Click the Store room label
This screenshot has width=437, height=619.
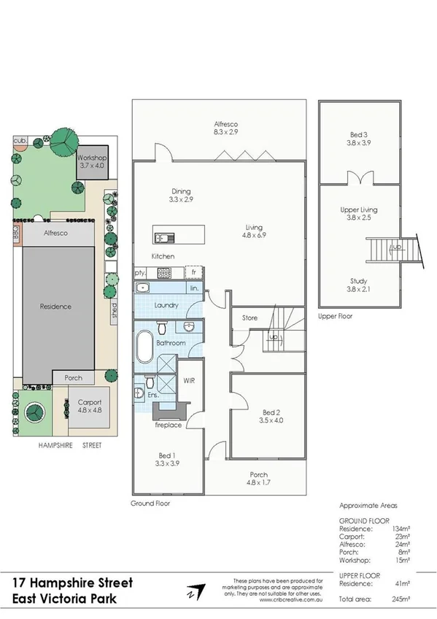point(250,318)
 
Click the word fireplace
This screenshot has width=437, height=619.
point(167,424)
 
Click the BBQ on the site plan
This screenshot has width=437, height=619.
point(16,233)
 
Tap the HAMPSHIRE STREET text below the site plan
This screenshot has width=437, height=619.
point(70,445)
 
